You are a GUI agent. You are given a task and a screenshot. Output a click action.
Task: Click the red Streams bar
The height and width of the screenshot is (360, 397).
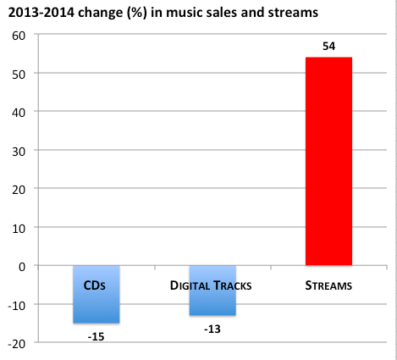(328, 161)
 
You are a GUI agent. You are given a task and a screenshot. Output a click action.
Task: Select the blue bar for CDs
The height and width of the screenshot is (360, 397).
(96, 305)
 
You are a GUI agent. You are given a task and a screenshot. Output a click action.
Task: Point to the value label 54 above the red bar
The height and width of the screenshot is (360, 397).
(328, 45)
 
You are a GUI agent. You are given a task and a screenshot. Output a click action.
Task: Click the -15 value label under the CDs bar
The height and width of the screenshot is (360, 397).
(96, 336)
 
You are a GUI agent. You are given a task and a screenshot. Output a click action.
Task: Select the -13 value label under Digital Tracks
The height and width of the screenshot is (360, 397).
(212, 329)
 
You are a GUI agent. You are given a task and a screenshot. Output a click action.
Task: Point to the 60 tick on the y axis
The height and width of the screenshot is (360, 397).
(19, 35)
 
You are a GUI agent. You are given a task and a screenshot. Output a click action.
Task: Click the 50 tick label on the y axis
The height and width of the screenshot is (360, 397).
(19, 74)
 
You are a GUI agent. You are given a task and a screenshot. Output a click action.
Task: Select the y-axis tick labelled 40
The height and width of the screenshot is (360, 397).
(19, 112)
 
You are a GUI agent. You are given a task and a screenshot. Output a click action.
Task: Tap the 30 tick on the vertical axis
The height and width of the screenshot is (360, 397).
(19, 151)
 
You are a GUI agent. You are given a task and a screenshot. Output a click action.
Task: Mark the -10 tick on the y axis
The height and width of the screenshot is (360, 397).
(16, 304)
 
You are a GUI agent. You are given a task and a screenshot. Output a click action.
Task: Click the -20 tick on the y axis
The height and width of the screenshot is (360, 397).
(16, 343)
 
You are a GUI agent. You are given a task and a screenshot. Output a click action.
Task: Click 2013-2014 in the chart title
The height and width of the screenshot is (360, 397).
(37, 12)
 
